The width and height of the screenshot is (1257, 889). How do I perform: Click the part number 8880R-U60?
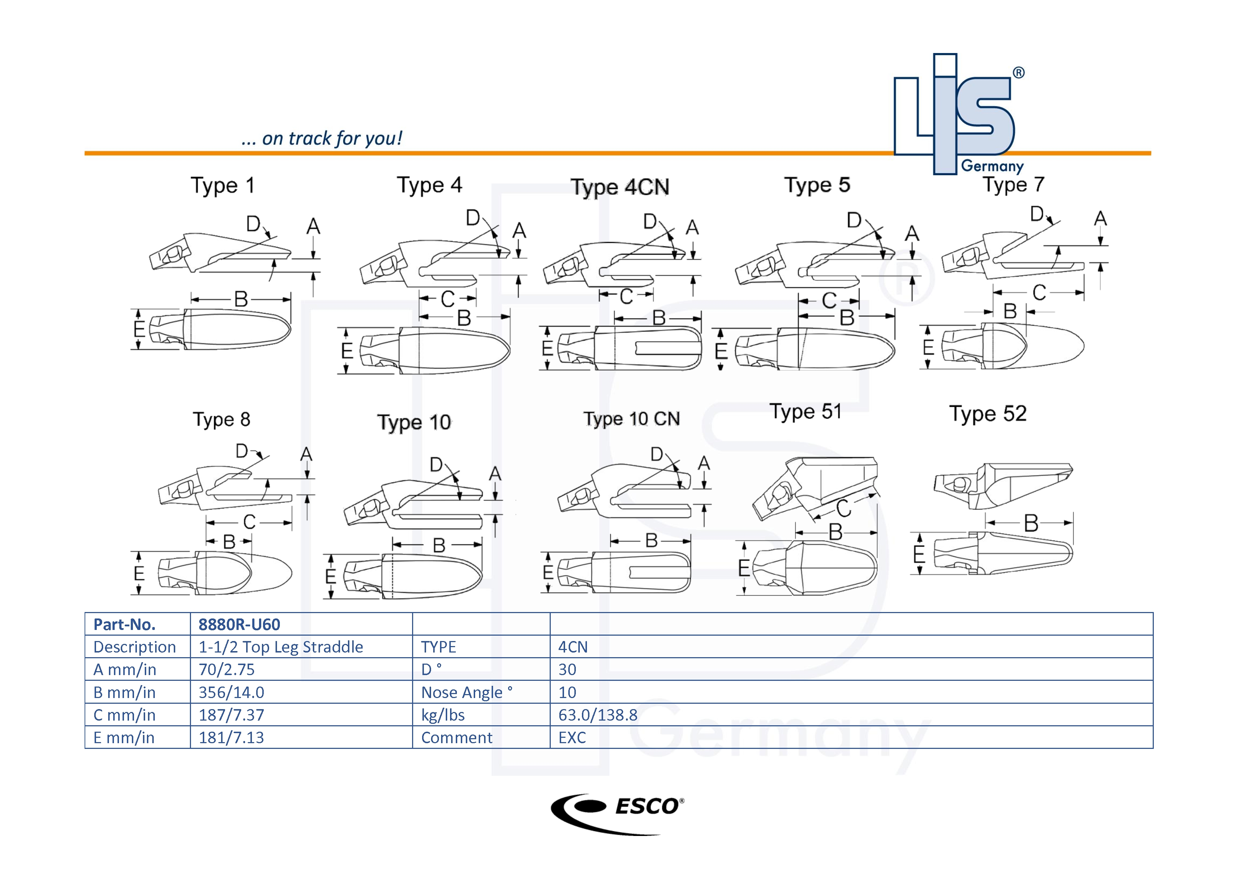(239, 624)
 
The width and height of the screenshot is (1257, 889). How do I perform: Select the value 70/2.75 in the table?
(227, 669)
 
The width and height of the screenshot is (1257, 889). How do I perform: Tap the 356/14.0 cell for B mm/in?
(231, 693)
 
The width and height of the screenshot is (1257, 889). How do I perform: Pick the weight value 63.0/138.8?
(598, 715)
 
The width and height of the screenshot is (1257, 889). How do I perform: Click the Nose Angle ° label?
(467, 693)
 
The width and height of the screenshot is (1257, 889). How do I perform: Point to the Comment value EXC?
(572, 738)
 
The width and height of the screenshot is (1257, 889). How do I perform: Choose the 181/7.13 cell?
(231, 738)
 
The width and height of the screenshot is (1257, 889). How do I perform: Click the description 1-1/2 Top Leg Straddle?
(280, 647)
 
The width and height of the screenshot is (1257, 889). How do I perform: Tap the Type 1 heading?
(222, 186)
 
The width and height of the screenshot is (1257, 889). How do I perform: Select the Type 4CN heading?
(620, 187)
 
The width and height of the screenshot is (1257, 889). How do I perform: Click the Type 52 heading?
(988, 414)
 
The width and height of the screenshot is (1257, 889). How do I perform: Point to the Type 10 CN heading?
(631, 419)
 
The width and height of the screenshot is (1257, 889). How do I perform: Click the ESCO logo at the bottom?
(617, 813)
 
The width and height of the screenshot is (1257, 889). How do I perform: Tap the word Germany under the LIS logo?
(992, 166)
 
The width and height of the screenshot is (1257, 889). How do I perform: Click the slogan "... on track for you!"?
(321, 139)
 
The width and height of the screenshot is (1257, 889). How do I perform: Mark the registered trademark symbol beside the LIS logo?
(1018, 73)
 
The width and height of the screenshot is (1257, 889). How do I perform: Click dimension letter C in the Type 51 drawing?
(843, 508)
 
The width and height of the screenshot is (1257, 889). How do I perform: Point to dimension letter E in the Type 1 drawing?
(139, 329)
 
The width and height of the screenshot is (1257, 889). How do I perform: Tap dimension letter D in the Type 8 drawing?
(242, 451)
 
